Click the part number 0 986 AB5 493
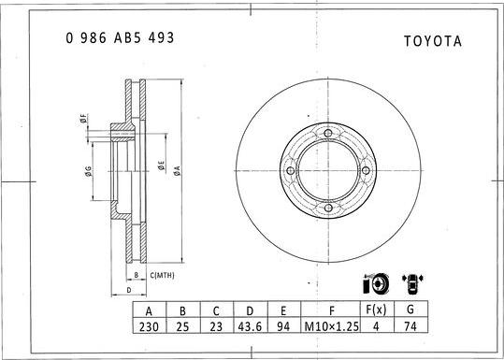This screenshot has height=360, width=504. [119, 38]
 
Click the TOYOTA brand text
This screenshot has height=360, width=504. [432, 41]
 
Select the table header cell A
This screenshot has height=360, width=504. [148, 310]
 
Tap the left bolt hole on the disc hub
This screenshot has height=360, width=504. [291, 172]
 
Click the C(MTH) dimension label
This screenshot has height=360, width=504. [162, 275]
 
